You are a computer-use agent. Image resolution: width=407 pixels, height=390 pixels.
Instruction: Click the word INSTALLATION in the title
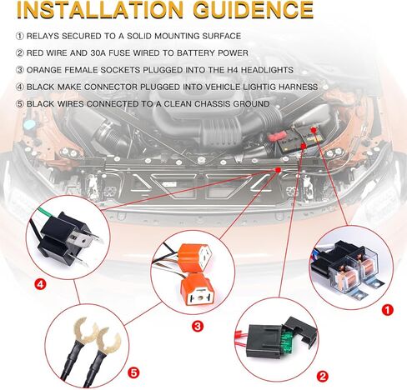pyautogui.click(x=99, y=10)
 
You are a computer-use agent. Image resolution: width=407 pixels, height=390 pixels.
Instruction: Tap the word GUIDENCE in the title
pyautogui.click(x=254, y=10)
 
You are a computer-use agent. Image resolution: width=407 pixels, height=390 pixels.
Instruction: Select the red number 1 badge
pyautogui.click(x=388, y=309)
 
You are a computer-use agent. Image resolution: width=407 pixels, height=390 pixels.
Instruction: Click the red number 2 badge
pyautogui.click(x=322, y=377)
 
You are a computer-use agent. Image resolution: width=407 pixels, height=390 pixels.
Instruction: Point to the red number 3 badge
pyautogui.click(x=198, y=326)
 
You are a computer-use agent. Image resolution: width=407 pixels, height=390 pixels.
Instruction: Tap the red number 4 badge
pyautogui.click(x=40, y=284)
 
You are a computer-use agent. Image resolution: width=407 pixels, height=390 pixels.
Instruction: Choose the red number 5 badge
pyautogui.click(x=133, y=372)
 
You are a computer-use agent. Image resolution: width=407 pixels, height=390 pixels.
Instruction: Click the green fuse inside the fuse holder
pyautogui.click(x=288, y=341)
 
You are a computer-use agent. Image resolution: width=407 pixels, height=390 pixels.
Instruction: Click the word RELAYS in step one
pyautogui.click(x=43, y=36)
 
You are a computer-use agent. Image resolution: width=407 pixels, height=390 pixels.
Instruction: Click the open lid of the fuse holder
pyautogui.click(x=302, y=330)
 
